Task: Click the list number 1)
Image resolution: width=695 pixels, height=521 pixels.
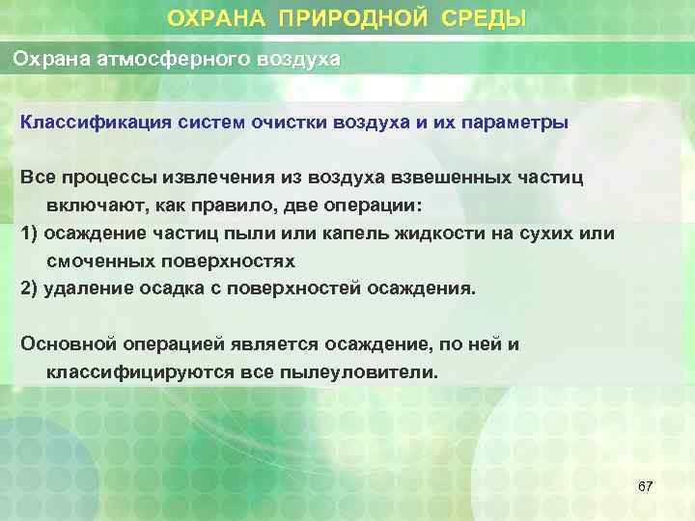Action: pos(30,233)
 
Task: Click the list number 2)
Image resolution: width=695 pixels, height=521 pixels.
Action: pos(30,288)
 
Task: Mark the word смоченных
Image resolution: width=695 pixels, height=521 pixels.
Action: pos(98,261)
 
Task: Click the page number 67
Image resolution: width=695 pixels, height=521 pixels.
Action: pos(645,487)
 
